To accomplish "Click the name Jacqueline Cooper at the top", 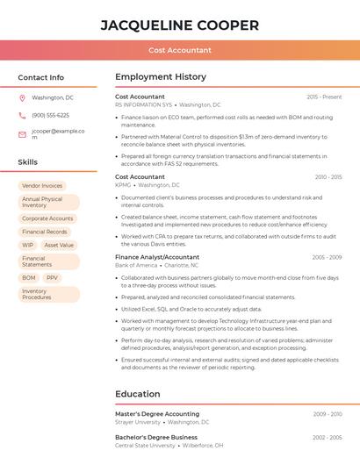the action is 180,25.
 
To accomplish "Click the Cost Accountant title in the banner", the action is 180,50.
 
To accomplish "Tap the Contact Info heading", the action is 41,77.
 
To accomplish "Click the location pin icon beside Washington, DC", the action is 22,98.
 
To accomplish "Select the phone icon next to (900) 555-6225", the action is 22,116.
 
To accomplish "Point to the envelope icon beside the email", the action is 22,134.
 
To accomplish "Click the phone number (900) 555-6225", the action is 50,116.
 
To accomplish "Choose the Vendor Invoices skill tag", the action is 42,186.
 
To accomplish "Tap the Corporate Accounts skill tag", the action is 47,218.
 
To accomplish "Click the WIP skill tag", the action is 28,246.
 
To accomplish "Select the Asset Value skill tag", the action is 60,246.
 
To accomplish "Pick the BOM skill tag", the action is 29,278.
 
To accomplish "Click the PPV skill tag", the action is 53,278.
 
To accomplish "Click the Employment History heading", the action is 161,77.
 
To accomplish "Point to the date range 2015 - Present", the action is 324,97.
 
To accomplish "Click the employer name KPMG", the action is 123,185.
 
